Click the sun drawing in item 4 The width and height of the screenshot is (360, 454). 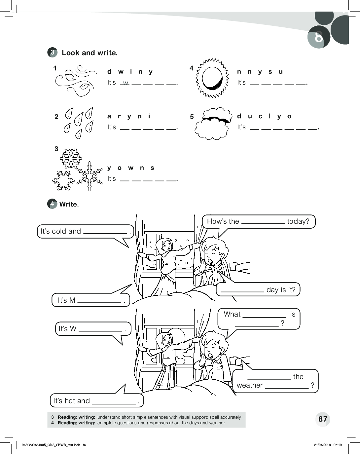tap(212, 78)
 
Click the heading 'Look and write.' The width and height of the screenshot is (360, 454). tap(90, 53)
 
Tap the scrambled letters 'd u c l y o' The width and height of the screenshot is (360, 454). tap(264, 116)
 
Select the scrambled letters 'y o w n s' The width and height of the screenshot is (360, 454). tap(131, 168)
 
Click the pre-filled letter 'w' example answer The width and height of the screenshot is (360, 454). tap(126, 83)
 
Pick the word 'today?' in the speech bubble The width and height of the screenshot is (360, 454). tap(298, 221)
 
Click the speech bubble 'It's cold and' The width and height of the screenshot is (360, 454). tap(85, 231)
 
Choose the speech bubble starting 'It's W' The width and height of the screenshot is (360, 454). tap(92, 329)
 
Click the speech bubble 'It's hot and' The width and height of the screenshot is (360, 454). tap(96, 401)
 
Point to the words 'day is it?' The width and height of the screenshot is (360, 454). tap(281, 290)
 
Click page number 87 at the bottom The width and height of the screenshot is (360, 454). tap(323, 419)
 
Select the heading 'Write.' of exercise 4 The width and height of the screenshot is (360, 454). tap(69, 204)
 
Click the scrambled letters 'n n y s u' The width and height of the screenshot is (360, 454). tap(260, 72)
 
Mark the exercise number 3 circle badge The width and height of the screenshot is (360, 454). tap(52, 53)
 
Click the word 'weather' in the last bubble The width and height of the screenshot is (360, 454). tap(250, 385)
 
